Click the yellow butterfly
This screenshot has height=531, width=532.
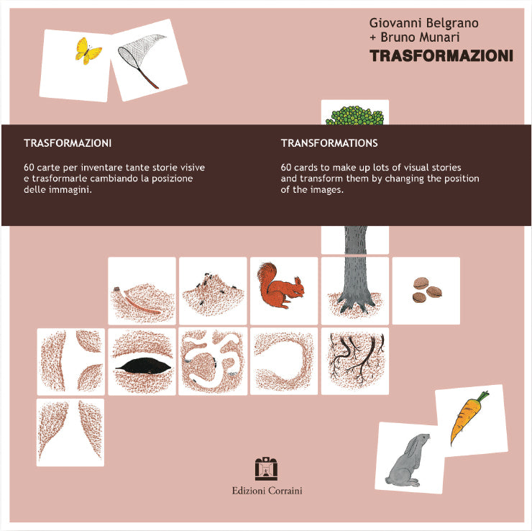coord(88,51)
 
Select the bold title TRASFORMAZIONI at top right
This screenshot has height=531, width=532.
coord(441,56)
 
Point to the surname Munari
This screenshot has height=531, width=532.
coord(439,37)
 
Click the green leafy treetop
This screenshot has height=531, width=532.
coord(354,115)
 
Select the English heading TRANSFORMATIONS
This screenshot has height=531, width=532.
coord(329,143)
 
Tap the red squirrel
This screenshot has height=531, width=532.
coord(280,286)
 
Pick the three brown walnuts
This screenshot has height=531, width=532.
coord(427,290)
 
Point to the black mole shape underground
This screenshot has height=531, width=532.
coord(143,366)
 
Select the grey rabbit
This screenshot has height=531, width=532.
coord(407,458)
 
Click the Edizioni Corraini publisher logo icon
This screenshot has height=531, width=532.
coord(266,468)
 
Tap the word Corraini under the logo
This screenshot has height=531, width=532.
coord(285,491)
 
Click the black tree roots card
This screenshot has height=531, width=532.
coord(355,361)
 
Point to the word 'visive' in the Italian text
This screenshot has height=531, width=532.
coord(193,168)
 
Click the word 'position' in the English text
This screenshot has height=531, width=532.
coord(462,178)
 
